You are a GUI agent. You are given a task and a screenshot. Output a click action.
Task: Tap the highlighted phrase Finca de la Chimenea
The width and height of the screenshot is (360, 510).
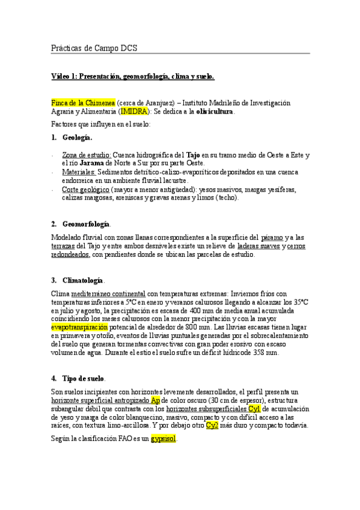tap(83, 103)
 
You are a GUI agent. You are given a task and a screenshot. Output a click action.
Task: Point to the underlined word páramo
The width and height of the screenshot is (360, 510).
tap(273, 237)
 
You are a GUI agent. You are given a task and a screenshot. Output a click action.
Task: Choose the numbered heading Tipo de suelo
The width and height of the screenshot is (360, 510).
tap(84, 378)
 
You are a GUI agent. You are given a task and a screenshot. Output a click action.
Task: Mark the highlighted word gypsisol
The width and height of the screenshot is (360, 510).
tap(163, 439)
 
